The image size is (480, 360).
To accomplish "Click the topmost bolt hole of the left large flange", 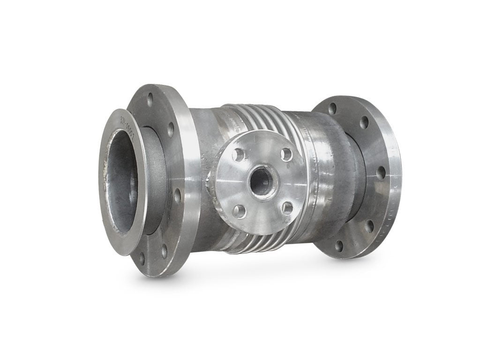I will [150, 99].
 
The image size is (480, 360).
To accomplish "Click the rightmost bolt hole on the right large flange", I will [381, 172].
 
